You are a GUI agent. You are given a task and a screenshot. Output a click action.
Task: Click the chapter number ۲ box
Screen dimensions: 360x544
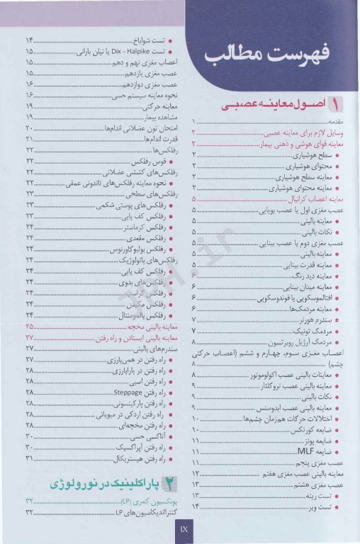pos(173,483)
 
